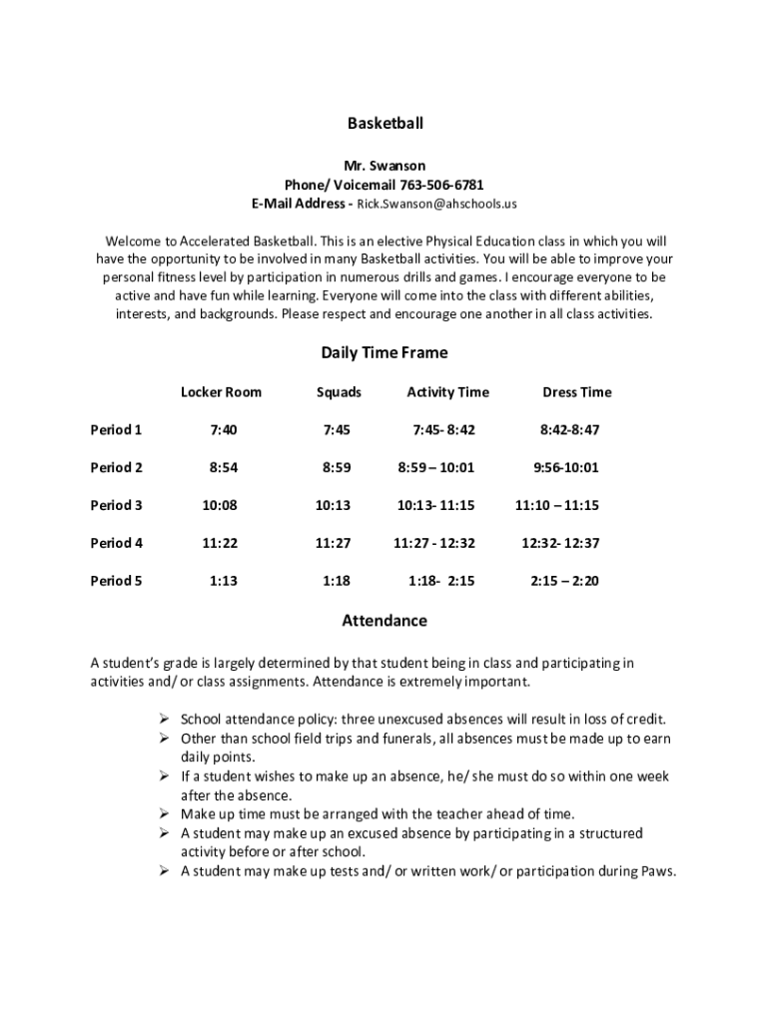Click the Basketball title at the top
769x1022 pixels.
[384, 124]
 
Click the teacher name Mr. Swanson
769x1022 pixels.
[384, 166]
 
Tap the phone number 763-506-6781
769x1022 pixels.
[441, 185]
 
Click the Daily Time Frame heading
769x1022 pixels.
[384, 352]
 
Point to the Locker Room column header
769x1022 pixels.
[221, 392]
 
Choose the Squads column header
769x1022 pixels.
[339, 392]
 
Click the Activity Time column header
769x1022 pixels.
[447, 392]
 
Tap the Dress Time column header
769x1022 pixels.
[576, 392]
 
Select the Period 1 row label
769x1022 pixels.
[116, 430]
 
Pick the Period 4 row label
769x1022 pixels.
[116, 543]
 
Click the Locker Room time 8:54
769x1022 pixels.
[223, 467]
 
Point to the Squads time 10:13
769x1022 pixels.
[333, 505]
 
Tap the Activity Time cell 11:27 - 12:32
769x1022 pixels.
[434, 543]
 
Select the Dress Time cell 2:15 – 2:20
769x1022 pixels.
[564, 581]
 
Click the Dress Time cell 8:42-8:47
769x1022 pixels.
[569, 430]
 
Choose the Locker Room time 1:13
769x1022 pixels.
[224, 581]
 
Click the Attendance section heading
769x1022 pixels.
[384, 621]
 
